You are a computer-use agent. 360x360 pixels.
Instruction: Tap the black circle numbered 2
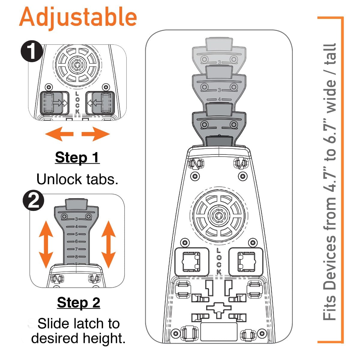[33, 201]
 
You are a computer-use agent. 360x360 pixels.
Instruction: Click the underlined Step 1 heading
[77, 157]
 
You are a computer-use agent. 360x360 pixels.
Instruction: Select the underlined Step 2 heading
[79, 302]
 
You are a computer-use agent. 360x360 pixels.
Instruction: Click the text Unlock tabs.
[77, 179]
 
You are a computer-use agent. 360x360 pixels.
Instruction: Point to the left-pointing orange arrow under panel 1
[59, 134]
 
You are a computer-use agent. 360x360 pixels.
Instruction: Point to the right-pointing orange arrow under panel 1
[96, 134]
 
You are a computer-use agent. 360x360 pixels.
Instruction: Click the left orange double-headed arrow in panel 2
[46, 244]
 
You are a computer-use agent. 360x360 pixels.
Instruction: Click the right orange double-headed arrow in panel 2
[109, 244]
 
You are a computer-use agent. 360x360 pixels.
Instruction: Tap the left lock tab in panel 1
[54, 103]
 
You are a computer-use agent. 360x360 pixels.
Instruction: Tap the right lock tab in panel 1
[100, 103]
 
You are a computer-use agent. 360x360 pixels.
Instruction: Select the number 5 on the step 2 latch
[76, 234]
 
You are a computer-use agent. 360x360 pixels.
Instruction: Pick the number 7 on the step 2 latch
[76, 249]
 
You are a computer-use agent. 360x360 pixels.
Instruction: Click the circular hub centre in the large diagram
[218, 215]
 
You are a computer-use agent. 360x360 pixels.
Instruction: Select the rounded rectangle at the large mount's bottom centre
[219, 331]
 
